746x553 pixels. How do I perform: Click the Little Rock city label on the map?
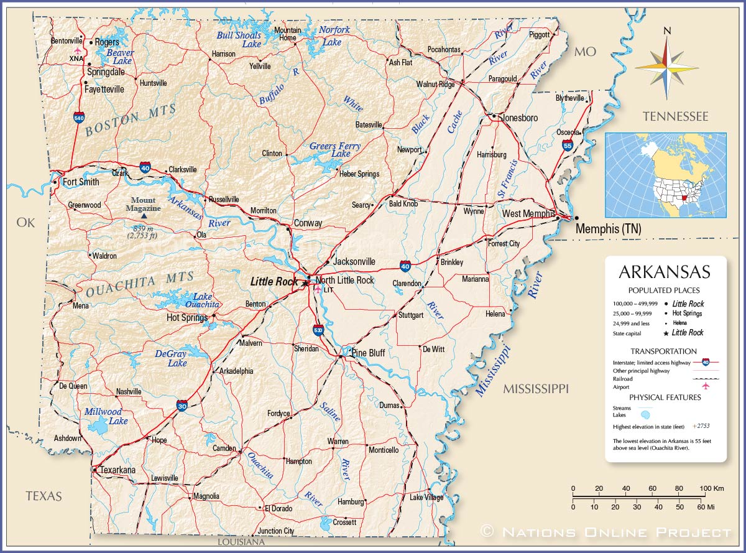click(274, 282)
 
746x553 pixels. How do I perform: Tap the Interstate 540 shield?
click(79, 117)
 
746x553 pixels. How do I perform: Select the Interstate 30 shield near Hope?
click(182, 406)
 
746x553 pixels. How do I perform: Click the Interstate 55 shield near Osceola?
click(568, 145)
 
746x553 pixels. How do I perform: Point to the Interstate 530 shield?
click(318, 330)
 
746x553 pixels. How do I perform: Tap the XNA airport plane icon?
click(77, 50)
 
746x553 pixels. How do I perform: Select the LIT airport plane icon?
click(318, 288)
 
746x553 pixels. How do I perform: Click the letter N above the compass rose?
click(667, 30)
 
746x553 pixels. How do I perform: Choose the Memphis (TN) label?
click(608, 229)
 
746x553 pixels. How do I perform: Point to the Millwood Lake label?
click(104, 416)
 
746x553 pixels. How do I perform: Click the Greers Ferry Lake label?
click(335, 150)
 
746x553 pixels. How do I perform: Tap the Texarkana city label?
click(117, 470)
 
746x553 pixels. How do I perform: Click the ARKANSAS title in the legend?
click(664, 272)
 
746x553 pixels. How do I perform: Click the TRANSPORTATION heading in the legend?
click(664, 351)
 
